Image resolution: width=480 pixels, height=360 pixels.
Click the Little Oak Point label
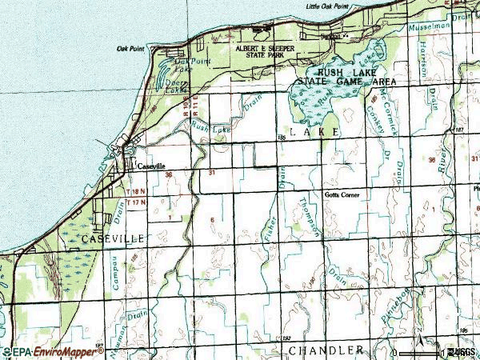(x=327, y=6)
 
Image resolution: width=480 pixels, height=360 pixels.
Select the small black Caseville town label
(x=150, y=167)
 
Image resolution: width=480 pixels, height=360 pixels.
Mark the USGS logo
(x=462, y=352)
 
